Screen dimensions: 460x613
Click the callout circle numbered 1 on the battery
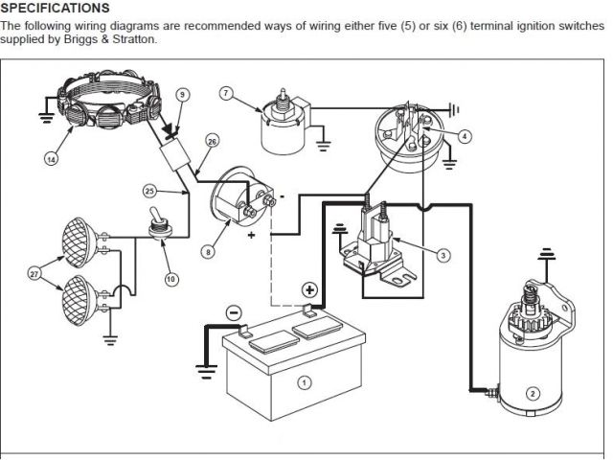305,381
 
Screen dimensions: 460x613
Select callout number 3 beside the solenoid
443,255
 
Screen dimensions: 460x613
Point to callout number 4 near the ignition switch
464,136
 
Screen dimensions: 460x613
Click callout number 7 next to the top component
226,93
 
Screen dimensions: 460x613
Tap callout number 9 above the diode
183,94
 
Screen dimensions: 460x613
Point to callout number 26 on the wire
212,142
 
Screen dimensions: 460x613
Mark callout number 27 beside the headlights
35,274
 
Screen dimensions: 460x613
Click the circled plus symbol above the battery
310,289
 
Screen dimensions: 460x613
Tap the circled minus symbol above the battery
234,313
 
